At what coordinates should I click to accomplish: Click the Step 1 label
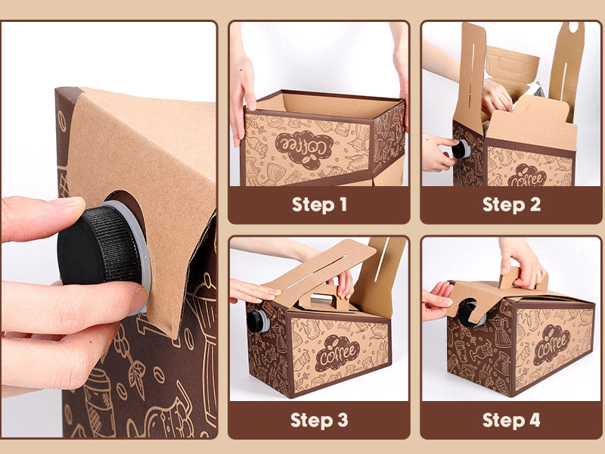(319, 204)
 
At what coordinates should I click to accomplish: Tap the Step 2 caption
(511, 204)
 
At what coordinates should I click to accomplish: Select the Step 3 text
(319, 420)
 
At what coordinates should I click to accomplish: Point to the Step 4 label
(511, 420)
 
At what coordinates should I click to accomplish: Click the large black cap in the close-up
(100, 245)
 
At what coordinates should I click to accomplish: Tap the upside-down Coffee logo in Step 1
(304, 149)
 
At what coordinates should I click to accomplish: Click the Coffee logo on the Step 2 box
(527, 176)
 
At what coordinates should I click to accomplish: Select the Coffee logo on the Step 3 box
(337, 353)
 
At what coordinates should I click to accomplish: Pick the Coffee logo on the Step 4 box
(552, 345)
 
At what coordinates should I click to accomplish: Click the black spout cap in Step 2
(461, 149)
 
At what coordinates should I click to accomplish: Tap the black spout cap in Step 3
(258, 321)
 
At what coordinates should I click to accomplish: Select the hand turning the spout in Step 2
(438, 153)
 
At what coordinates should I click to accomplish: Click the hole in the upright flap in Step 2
(574, 26)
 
